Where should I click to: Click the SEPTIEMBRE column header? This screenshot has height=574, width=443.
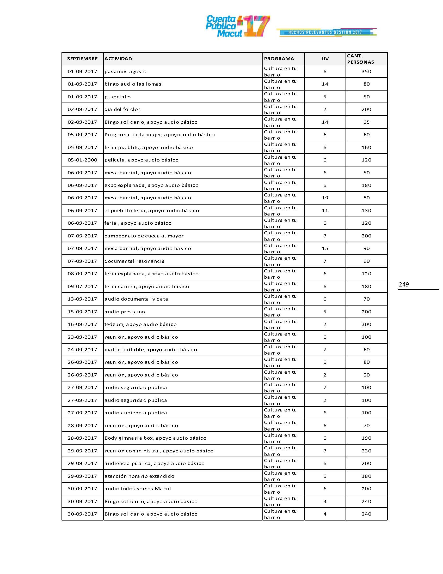(82, 59)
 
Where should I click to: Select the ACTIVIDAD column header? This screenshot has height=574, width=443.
(118, 59)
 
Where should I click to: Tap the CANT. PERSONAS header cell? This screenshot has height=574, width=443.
(361, 59)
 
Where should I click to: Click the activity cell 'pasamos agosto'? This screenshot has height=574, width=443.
(125, 71)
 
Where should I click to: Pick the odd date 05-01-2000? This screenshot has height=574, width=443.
(82, 160)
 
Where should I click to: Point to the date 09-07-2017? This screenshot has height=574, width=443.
(82, 286)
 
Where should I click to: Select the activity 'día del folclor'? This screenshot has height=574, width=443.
(122, 109)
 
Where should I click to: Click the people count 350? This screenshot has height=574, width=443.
(366, 71)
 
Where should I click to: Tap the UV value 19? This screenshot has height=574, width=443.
(325, 198)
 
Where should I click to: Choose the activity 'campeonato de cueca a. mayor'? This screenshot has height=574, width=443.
(144, 236)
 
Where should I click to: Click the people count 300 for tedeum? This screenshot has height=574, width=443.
(366, 324)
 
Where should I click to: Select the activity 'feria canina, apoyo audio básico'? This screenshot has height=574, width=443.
(147, 286)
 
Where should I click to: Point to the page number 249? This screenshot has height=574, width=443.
(404, 284)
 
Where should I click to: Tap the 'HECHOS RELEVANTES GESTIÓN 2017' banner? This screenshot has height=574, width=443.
(325, 32)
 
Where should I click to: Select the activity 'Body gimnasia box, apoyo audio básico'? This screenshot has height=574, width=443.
(155, 438)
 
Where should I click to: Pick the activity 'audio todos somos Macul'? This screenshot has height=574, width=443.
(138, 489)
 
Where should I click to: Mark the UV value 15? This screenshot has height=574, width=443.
(325, 248)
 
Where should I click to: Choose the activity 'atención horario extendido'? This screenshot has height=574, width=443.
(139, 476)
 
